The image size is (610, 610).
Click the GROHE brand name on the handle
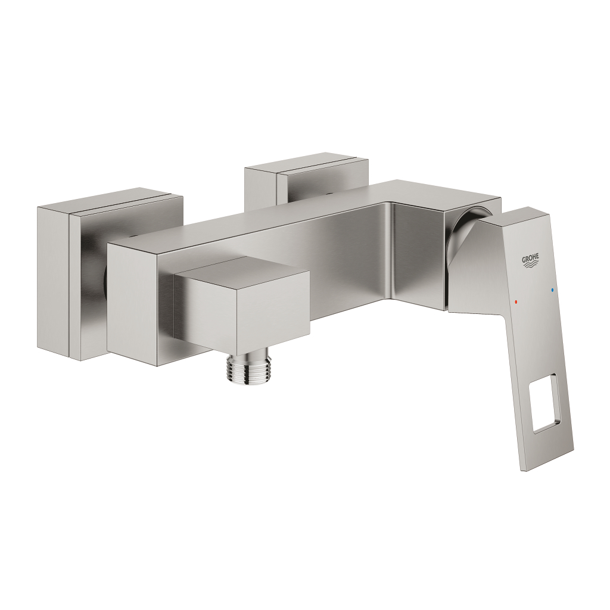pyautogui.click(x=531, y=259)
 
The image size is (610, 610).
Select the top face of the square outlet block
pyautogui.click(x=241, y=272)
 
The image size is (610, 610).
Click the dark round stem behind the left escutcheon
pyautogui.click(x=104, y=280)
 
